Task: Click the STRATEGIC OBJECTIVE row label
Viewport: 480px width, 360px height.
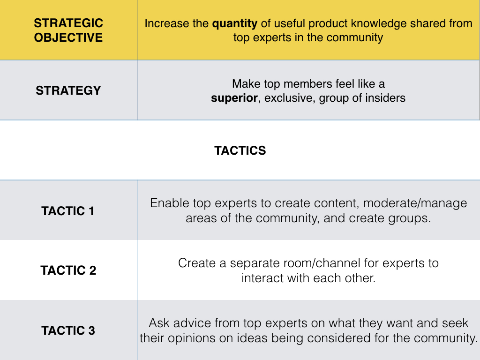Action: click(68, 30)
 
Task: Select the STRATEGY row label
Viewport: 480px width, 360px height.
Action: click(68, 90)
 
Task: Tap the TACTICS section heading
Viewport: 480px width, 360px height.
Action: click(240, 150)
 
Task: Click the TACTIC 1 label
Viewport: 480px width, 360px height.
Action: click(68, 211)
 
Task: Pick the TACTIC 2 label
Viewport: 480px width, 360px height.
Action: click(68, 270)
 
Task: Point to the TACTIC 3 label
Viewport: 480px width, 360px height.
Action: click(68, 330)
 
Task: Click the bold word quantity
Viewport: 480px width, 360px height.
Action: click(235, 23)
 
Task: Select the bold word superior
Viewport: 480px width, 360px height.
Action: click(234, 98)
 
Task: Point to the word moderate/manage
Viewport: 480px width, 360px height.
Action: click(415, 203)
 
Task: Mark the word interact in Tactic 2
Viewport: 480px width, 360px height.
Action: click(261, 277)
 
